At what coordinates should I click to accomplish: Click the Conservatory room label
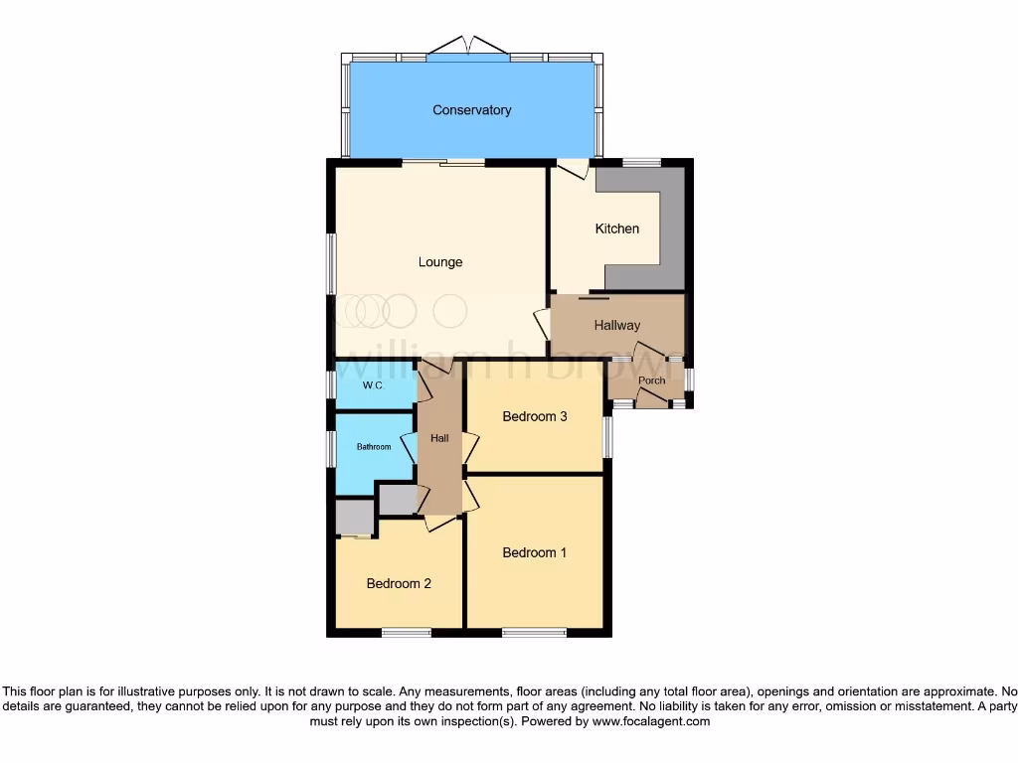coord(471,110)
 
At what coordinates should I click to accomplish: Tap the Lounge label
coord(439,262)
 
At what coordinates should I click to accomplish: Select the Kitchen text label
coord(616,229)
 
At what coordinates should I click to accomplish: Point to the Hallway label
coord(616,325)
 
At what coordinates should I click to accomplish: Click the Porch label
coord(651,381)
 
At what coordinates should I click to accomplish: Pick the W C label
coord(373,385)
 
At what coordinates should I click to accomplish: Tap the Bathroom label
coord(374,447)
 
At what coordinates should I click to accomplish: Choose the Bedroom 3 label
coord(534,416)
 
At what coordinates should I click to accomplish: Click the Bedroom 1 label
coord(534,552)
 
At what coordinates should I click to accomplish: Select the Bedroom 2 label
coord(398,583)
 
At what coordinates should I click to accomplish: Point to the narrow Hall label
coord(439,438)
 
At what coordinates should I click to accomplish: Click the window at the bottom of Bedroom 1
coord(534,632)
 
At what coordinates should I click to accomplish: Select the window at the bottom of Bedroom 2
coord(406,632)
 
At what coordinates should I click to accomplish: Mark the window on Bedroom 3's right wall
coord(607,437)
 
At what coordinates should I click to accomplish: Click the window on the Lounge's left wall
coord(331,263)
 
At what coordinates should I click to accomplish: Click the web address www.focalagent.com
coord(650,721)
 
